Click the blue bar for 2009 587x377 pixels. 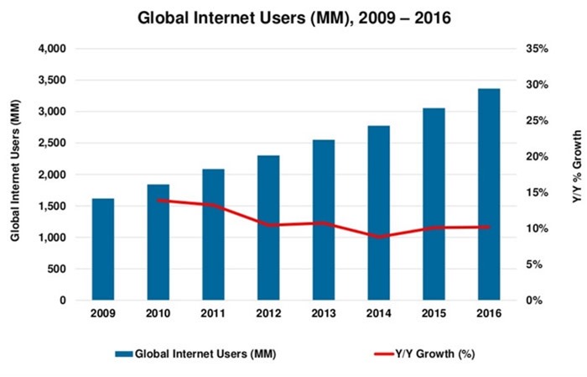pyautogui.click(x=103, y=249)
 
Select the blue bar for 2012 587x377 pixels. pyautogui.click(x=268, y=228)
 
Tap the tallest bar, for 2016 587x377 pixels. pyautogui.click(x=489, y=195)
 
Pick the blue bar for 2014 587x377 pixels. pyautogui.click(x=379, y=213)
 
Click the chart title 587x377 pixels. pyautogui.click(x=294, y=18)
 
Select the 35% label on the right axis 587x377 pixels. pyautogui.click(x=537, y=49)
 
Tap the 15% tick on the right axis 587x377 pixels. pyautogui.click(x=537, y=192)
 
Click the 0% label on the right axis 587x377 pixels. pyautogui.click(x=534, y=301)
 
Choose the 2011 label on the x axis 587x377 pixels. pyautogui.click(x=213, y=313)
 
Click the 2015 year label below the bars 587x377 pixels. pyautogui.click(x=434, y=313)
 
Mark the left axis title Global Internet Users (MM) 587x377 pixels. pyautogui.click(x=15, y=170)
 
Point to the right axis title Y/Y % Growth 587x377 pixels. pyautogui.click(x=577, y=167)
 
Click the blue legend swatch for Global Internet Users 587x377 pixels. pyautogui.click(x=124, y=353)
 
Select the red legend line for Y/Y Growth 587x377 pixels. pyautogui.click(x=384, y=353)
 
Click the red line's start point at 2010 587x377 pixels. pyautogui.click(x=158, y=201)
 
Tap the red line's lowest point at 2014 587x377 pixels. pyautogui.click(x=379, y=237)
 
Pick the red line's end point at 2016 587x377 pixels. pyautogui.click(x=488, y=227)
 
